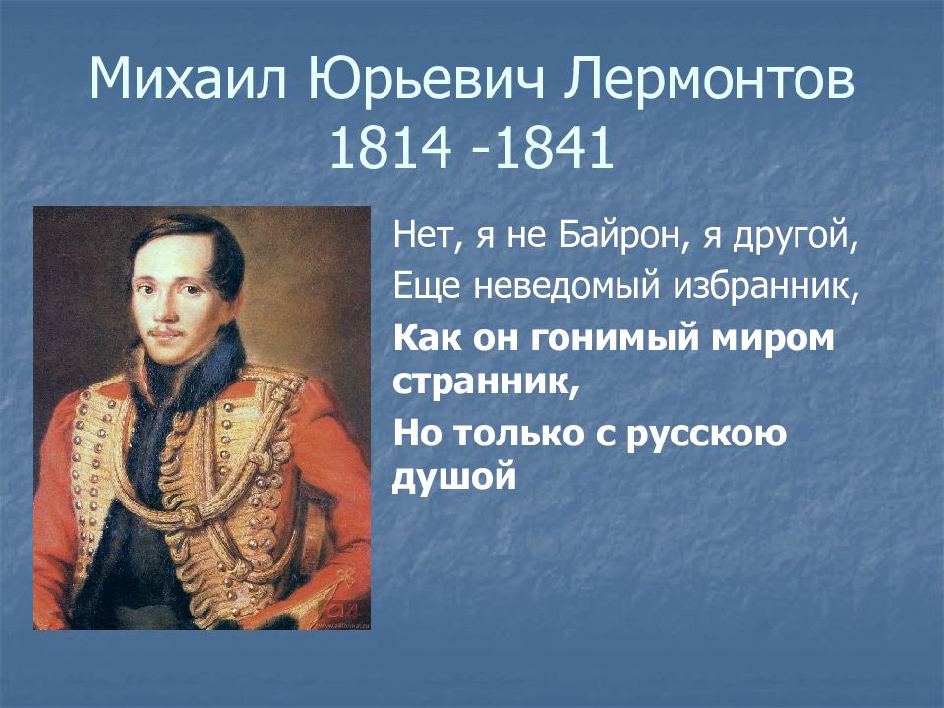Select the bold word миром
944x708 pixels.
click(x=776, y=339)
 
